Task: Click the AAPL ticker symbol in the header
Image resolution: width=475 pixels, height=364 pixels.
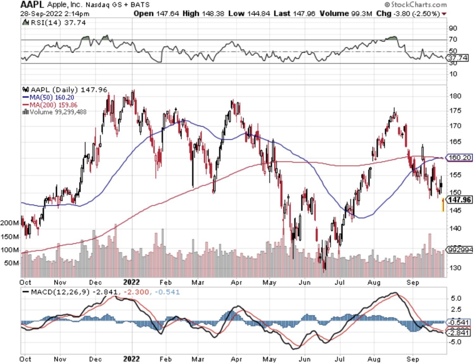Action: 32,5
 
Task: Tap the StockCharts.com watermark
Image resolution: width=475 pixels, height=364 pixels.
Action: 415,5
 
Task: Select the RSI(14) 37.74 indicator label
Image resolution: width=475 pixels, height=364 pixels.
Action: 58,23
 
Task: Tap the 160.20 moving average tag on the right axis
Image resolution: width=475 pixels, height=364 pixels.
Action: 459,157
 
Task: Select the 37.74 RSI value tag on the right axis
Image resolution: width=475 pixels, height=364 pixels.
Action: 458,58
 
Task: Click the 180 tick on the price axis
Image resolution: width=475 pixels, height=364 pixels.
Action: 455,96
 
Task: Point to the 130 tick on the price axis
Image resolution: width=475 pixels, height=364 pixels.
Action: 455,268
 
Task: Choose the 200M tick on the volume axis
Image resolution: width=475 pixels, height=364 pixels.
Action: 9,223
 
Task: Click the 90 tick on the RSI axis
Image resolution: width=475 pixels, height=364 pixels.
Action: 453,28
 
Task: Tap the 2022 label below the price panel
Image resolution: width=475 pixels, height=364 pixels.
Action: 131,282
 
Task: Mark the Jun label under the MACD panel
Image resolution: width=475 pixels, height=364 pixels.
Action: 305,359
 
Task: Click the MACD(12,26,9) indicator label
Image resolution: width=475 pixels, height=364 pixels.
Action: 60,292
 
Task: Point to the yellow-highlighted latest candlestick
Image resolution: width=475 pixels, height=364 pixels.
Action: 443,205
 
